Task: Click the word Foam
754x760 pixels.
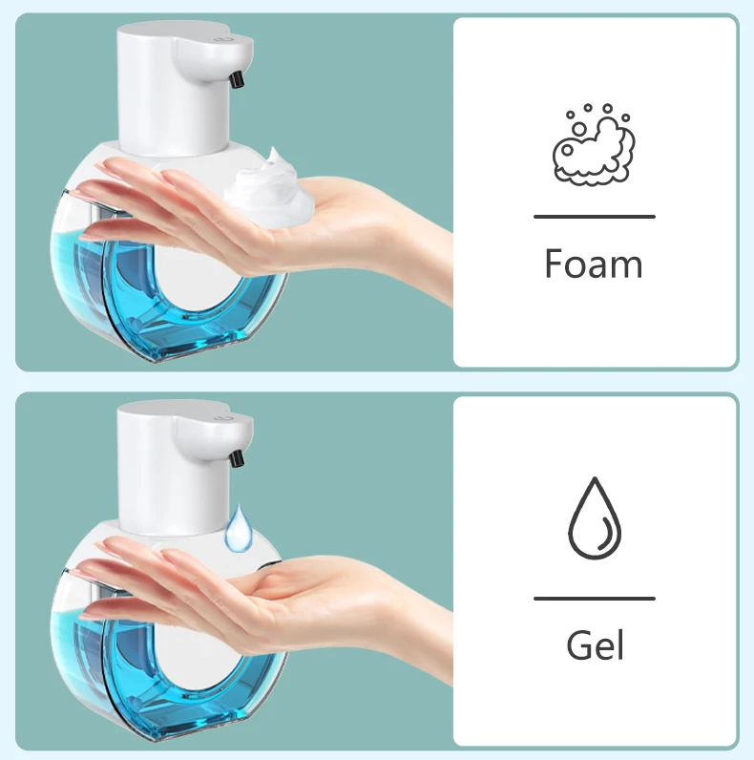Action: (594, 264)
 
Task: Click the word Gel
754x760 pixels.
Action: (595, 645)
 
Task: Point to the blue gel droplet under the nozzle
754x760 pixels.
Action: (240, 526)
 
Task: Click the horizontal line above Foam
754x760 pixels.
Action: (594, 217)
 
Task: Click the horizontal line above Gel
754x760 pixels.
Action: (594, 599)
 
